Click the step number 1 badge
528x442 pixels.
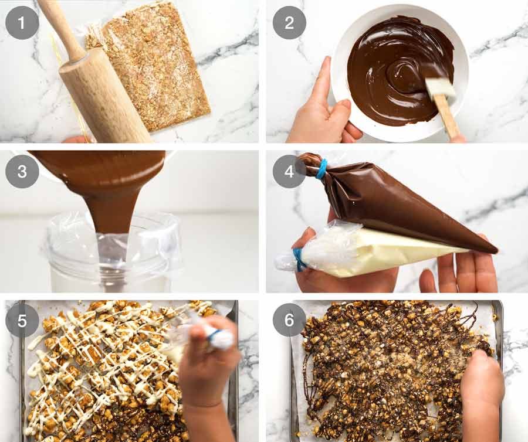tap(22, 23)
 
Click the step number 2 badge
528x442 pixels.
tap(289, 23)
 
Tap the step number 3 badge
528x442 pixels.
tap(22, 171)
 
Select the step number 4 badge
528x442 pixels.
tap(289, 171)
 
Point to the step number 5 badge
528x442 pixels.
tap(22, 320)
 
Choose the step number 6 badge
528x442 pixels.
tap(289, 320)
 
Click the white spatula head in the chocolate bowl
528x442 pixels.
tap(440, 88)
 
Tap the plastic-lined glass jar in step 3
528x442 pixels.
tap(111, 258)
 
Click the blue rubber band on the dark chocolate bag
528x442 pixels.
tap(321, 168)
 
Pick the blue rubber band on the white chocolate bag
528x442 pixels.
tap(299, 259)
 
